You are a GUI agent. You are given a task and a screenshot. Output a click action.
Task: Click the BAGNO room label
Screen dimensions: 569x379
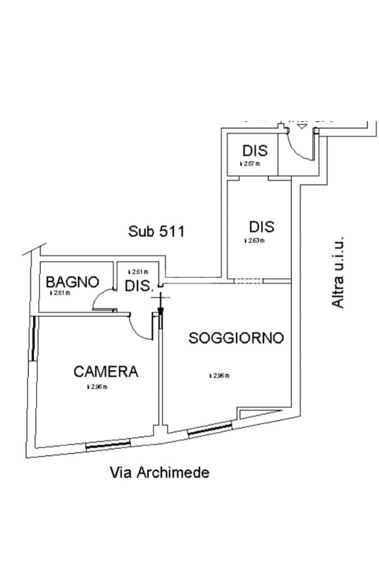click(72, 282)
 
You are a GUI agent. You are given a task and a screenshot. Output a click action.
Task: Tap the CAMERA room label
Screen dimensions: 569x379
click(105, 371)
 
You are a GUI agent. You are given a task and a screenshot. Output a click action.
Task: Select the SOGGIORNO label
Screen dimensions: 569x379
click(236, 338)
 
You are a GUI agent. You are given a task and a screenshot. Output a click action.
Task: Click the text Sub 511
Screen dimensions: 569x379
click(156, 231)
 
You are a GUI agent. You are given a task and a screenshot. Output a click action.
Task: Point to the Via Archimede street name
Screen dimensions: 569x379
click(160, 473)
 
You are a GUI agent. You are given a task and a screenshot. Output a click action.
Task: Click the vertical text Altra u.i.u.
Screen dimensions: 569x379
click(338, 272)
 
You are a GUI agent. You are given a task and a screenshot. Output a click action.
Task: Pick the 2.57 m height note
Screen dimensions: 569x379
click(250, 164)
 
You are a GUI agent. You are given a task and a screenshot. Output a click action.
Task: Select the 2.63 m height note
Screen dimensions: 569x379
click(255, 241)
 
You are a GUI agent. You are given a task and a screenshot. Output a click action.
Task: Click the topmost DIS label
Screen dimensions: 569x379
click(255, 151)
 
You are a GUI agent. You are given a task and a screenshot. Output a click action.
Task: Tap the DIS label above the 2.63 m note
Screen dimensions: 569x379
click(261, 227)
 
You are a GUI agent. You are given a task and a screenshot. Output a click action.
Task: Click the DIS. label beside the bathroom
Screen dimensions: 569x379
click(139, 287)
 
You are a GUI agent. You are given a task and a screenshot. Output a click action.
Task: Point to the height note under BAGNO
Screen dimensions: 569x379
click(60, 293)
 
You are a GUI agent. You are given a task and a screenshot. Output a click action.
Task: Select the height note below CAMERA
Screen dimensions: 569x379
click(97, 387)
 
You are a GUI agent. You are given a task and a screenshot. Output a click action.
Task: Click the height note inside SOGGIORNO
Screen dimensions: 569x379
click(219, 376)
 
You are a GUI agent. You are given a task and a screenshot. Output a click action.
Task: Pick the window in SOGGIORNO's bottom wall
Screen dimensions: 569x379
click(209, 429)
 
